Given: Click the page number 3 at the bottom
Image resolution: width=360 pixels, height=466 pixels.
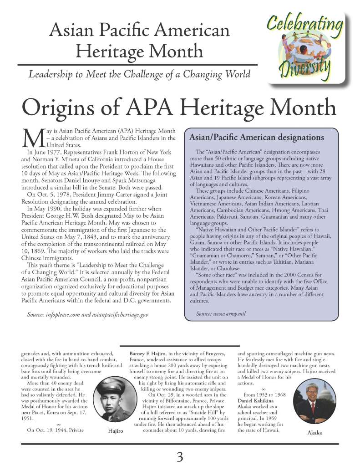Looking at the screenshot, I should coord(180,456).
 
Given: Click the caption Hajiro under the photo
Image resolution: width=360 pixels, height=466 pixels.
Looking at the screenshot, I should coord(116,431).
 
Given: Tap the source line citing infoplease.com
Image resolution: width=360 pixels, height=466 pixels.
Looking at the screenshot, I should coord(87,314).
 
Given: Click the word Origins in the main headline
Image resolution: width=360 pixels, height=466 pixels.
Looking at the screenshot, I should coord(59,108).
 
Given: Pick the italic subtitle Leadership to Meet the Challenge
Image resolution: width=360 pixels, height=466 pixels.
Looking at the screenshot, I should coord(139,73).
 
